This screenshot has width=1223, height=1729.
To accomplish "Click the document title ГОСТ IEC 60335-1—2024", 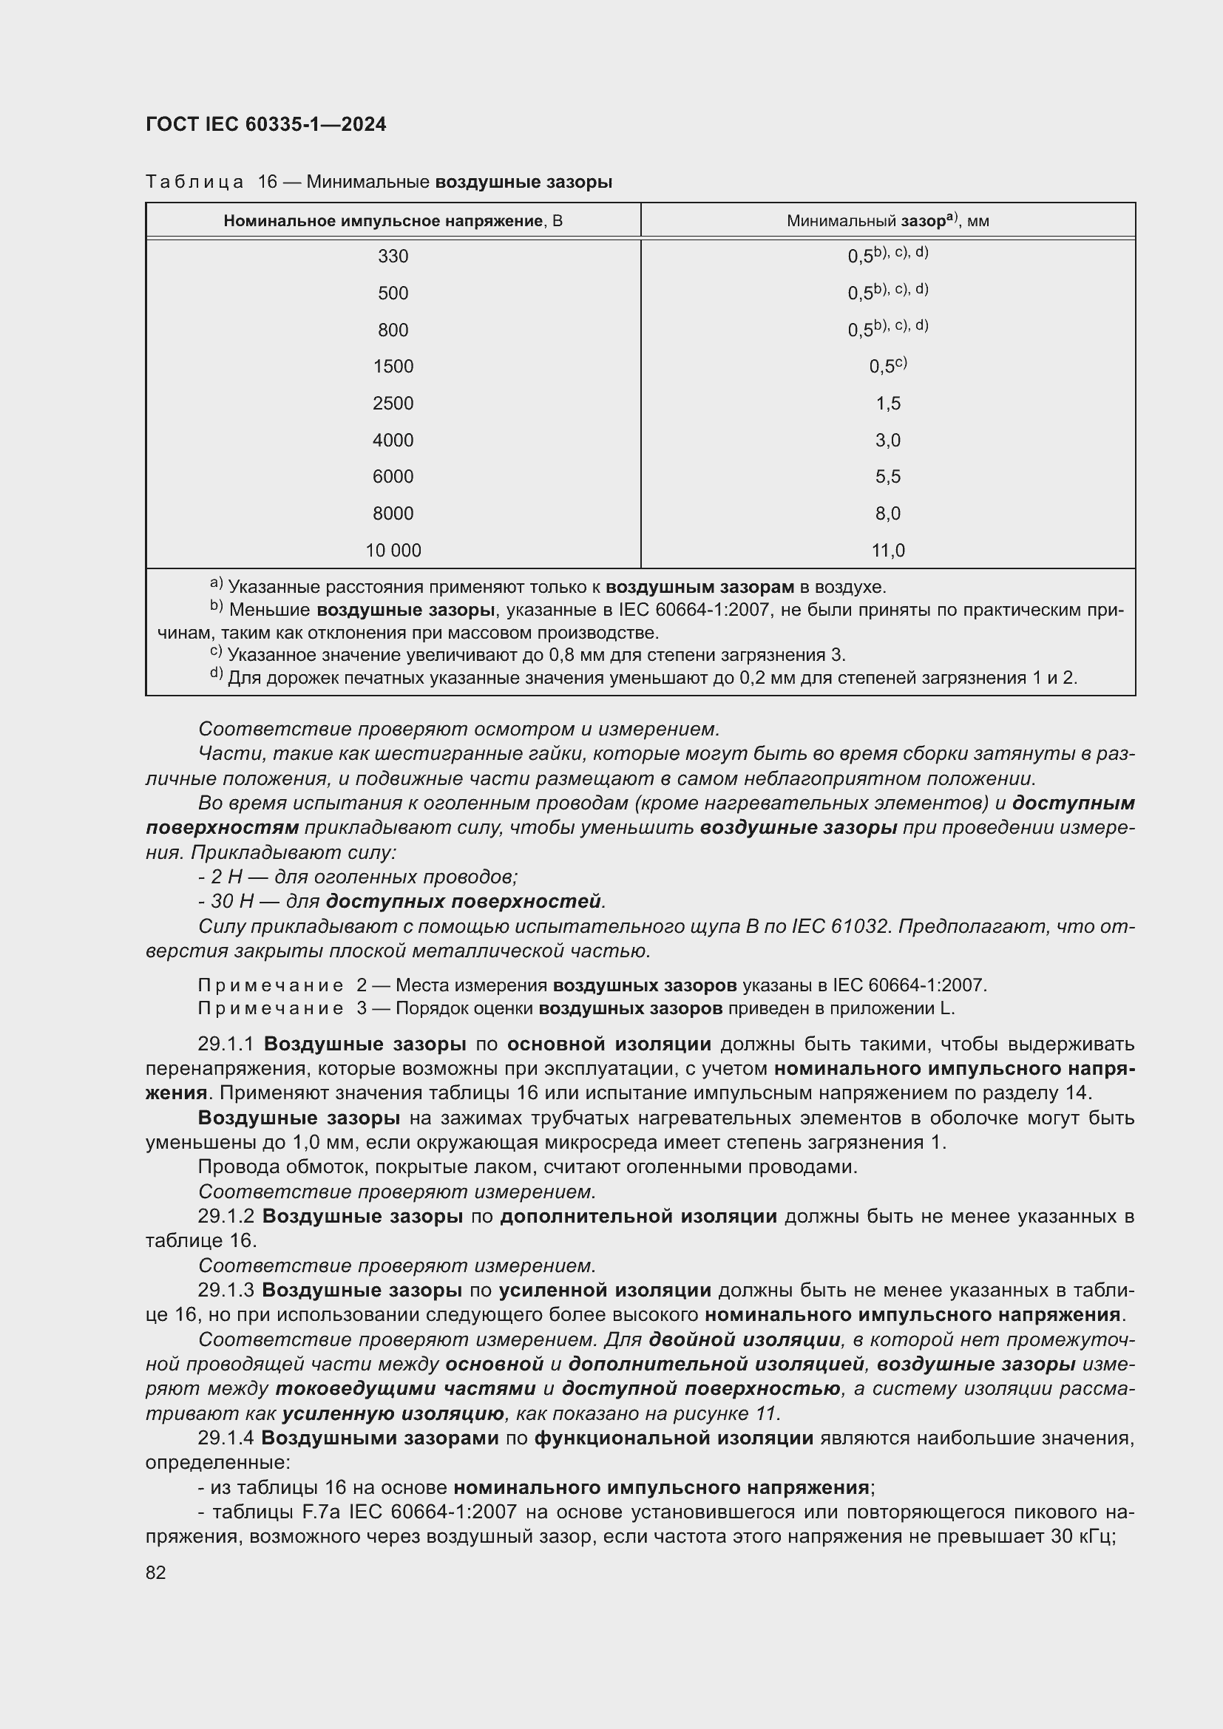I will pyautogui.click(x=266, y=124).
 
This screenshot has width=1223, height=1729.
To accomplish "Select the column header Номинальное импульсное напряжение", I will pyautogui.click(x=393, y=220).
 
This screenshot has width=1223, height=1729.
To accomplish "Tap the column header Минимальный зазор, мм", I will pyautogui.click(x=887, y=220).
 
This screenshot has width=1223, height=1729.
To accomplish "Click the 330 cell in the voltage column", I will pyautogui.click(x=393, y=256).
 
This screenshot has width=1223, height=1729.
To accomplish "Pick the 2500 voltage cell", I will pyautogui.click(x=393, y=403).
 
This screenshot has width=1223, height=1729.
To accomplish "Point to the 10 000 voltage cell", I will pyautogui.click(x=393, y=551).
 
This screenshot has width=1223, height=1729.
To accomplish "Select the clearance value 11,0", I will pyautogui.click(x=887, y=551).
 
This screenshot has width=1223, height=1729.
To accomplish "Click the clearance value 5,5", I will pyautogui.click(x=887, y=476).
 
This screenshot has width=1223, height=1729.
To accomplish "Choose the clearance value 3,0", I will pyautogui.click(x=887, y=440).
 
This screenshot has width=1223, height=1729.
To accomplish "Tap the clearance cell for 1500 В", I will pyautogui.click(x=887, y=366).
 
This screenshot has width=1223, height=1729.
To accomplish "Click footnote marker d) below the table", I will pyautogui.click(x=217, y=673).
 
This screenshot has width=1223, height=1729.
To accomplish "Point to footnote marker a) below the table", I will pyautogui.click(x=216, y=582).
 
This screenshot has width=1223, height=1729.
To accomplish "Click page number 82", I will pyautogui.click(x=156, y=1572).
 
